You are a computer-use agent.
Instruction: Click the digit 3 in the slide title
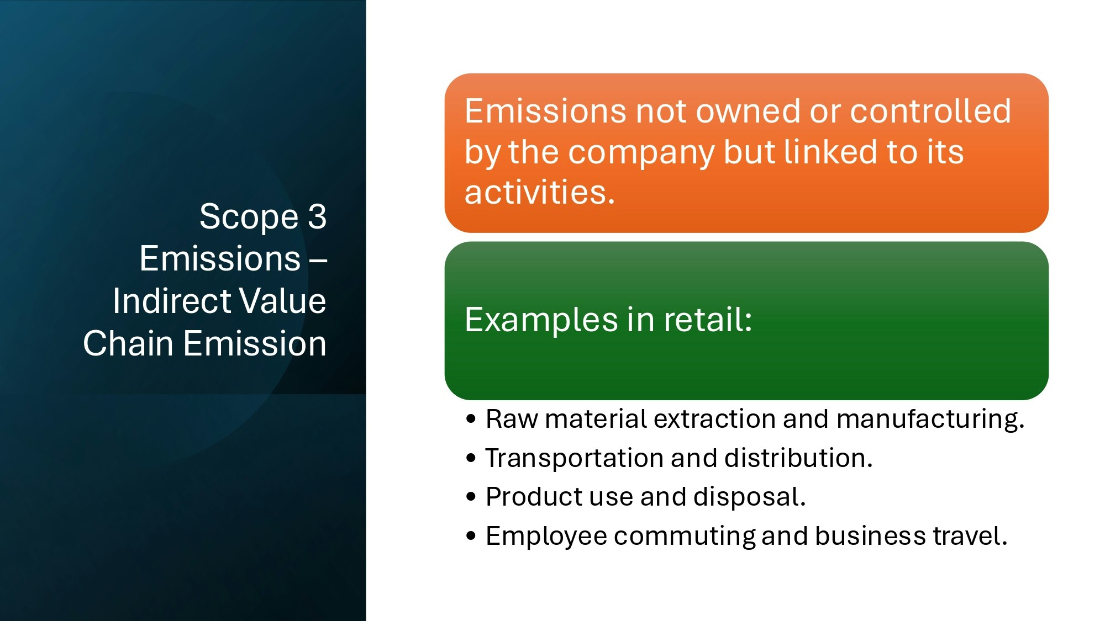[x=318, y=216]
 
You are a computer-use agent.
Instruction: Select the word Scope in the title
[x=249, y=217]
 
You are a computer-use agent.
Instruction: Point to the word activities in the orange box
[x=539, y=193]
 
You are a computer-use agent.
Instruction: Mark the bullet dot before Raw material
[x=471, y=419]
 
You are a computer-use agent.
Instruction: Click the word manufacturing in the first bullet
[x=930, y=419]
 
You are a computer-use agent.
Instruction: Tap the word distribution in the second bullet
[x=798, y=458]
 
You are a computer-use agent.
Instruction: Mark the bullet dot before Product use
[x=471, y=497]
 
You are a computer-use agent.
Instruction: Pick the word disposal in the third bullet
[x=750, y=497]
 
